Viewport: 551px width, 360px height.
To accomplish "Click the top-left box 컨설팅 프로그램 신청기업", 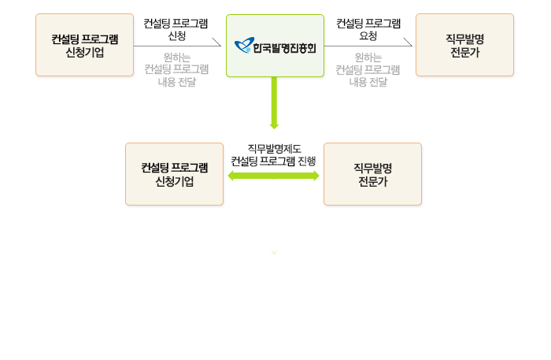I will [84, 45].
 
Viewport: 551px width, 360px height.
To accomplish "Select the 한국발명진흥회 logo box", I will [275, 45].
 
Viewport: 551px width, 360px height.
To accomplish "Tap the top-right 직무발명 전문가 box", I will [464, 45].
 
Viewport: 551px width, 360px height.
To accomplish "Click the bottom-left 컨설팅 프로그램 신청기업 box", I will [174, 174].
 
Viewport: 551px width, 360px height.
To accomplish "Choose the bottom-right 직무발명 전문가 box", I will [372, 174].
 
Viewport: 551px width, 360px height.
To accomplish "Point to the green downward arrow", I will [275, 102].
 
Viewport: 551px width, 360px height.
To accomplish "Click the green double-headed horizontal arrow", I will [273, 176].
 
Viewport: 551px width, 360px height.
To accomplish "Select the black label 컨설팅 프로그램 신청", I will [176, 29].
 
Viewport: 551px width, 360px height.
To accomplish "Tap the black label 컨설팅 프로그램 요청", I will [368, 29].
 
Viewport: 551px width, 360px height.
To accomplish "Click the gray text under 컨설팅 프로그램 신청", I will [176, 69].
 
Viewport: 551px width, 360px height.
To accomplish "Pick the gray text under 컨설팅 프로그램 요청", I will [368, 69].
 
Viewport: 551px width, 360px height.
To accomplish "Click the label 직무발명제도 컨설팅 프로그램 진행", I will [273, 154].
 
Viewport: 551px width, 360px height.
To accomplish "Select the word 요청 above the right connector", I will [368, 36].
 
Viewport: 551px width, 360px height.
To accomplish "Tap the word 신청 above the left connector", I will [176, 36].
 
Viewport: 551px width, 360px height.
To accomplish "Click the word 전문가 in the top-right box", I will [464, 52].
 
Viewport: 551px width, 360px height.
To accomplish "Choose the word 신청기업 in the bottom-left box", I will [174, 181].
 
